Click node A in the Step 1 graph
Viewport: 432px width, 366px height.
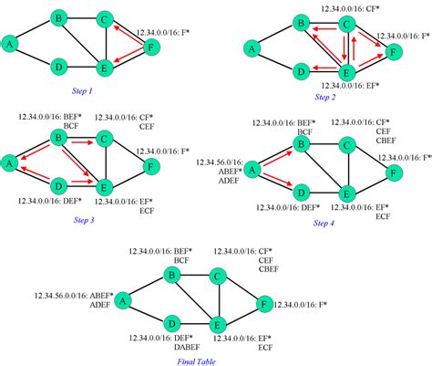(10, 42)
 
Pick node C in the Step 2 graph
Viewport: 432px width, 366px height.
(345, 24)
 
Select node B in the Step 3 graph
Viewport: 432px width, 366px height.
(59, 137)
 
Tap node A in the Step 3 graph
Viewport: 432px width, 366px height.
(10, 162)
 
